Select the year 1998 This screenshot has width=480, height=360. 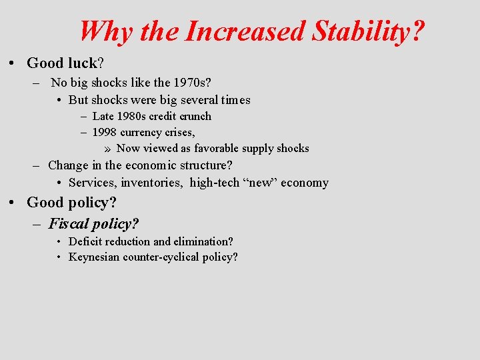pyautogui.click(x=105, y=132)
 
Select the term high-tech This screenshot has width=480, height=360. pyautogui.click(x=216, y=182)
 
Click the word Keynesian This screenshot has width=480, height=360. pyautogui.click(x=94, y=257)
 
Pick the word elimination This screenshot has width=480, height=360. pyautogui.click(x=203, y=241)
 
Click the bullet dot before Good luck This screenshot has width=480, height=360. pyautogui.click(x=13, y=63)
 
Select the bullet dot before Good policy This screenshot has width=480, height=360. pyautogui.click(x=13, y=203)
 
